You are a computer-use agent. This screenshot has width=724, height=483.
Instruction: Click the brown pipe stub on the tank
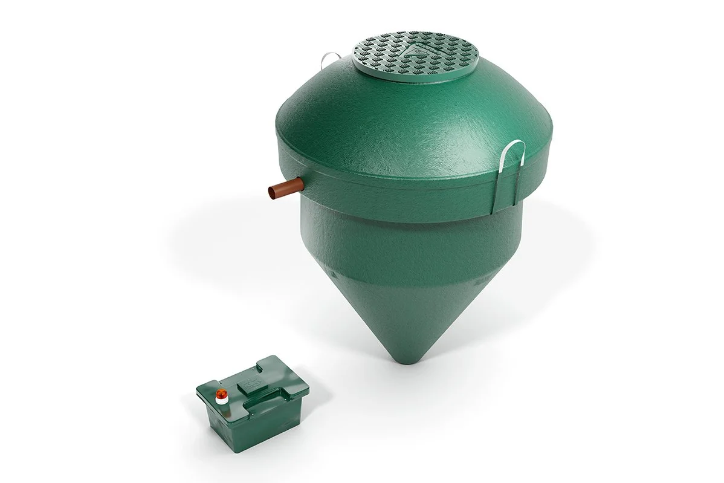[x=286, y=187]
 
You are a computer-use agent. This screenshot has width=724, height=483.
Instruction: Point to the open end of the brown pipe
[x=272, y=192]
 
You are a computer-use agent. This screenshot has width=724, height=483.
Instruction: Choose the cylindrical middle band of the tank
[x=399, y=242]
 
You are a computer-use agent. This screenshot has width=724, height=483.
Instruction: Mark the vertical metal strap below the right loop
[x=500, y=190]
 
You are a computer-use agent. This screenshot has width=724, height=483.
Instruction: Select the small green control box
[x=253, y=399]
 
